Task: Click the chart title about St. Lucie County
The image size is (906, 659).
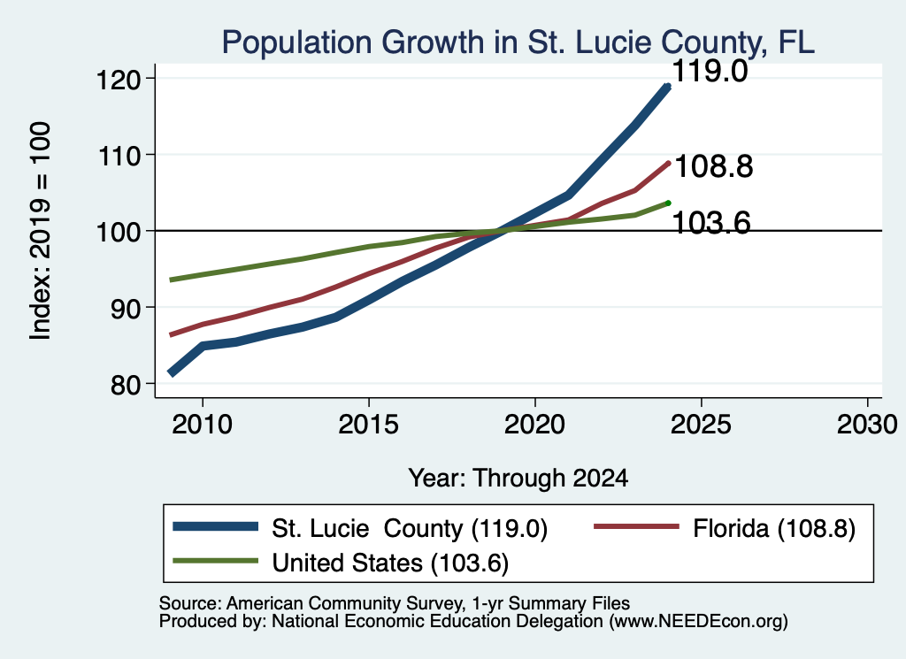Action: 518,42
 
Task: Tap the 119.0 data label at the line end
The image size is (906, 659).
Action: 710,71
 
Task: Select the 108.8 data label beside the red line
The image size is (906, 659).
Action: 714,166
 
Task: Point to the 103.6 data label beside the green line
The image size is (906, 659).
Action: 712,222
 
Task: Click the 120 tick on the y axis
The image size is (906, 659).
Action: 118,79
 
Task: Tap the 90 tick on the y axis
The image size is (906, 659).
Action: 126,308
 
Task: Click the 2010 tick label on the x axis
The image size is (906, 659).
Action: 203,425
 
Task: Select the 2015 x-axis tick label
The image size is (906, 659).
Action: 369,425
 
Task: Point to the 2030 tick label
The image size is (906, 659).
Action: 867,425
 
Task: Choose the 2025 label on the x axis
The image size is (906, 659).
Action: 701,425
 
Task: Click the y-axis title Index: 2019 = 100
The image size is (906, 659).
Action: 41,231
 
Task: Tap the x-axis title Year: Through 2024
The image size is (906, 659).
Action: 518,479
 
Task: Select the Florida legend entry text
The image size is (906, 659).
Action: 774,528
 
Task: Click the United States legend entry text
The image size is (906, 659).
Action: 390,563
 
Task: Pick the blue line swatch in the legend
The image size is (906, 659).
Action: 216,526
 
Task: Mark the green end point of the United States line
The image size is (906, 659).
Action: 669,203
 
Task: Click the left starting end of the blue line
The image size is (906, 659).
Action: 172,373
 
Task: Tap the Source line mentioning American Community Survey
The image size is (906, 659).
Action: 395,603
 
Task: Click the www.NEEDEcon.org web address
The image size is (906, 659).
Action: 698,622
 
